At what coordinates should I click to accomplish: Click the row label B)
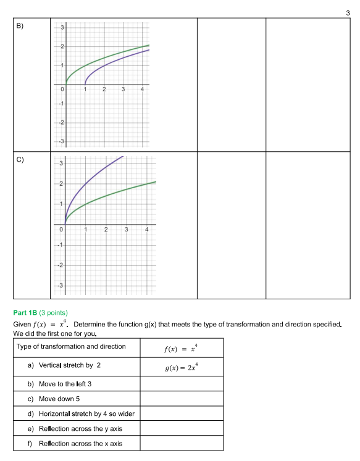[20, 26]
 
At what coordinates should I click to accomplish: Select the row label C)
[20, 160]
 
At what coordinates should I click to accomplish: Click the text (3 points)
[54, 313]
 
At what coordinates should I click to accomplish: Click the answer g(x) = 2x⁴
[182, 367]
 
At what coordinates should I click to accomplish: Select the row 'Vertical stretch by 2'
[69, 365]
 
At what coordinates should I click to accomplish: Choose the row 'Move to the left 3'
[65, 383]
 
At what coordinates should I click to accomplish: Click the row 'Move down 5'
[59, 399]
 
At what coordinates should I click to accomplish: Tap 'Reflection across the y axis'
[80, 428]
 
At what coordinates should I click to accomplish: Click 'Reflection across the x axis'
[80, 444]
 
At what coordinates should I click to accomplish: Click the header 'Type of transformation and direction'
[71, 346]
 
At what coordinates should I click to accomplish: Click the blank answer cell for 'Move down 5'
[182, 399]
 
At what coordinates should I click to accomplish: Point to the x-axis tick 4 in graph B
[143, 90]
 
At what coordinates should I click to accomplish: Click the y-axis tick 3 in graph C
[61, 164]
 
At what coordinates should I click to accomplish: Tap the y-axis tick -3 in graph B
[61, 142]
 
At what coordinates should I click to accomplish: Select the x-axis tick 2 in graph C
[106, 230]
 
